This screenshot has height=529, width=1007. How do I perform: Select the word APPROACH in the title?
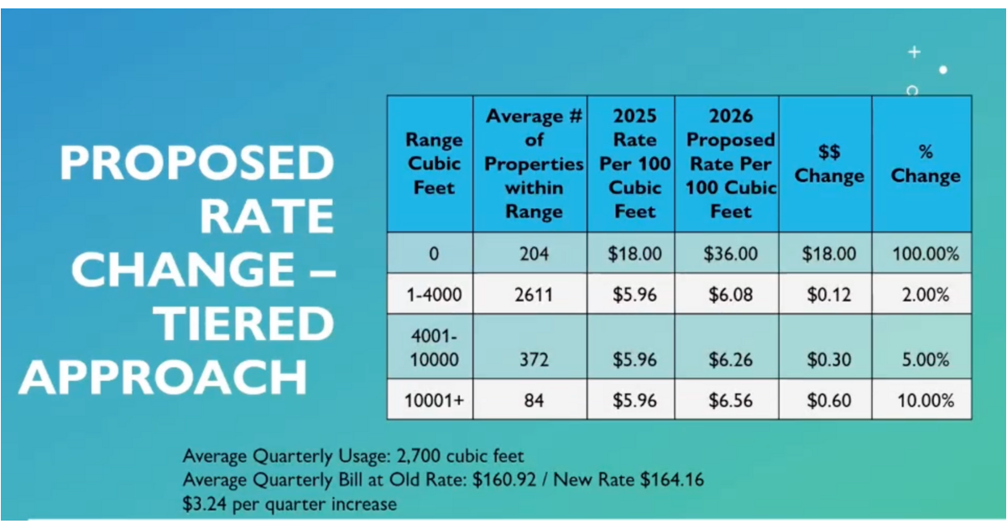(163, 379)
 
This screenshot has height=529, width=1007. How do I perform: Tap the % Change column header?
(926, 164)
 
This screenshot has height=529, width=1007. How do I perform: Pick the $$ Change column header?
(829, 164)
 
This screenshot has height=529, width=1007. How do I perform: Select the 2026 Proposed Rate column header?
(730, 164)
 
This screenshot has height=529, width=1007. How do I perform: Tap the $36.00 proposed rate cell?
(730, 254)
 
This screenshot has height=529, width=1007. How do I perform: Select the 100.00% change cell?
(926, 254)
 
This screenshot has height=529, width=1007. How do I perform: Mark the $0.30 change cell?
(829, 359)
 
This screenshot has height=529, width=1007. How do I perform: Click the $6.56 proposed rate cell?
(730, 401)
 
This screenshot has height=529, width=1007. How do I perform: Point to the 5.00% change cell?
(926, 359)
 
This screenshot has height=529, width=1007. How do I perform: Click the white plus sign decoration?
(914, 52)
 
